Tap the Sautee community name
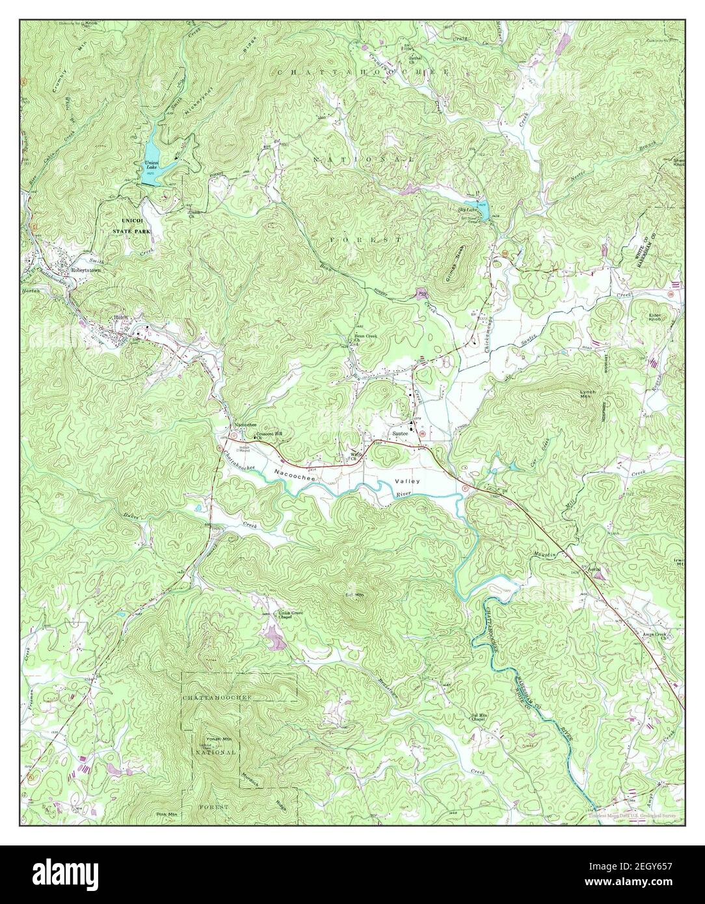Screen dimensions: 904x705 (x=399, y=432)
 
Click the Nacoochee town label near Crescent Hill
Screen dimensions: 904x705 (x=245, y=424)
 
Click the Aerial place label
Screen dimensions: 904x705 (x=592, y=568)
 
